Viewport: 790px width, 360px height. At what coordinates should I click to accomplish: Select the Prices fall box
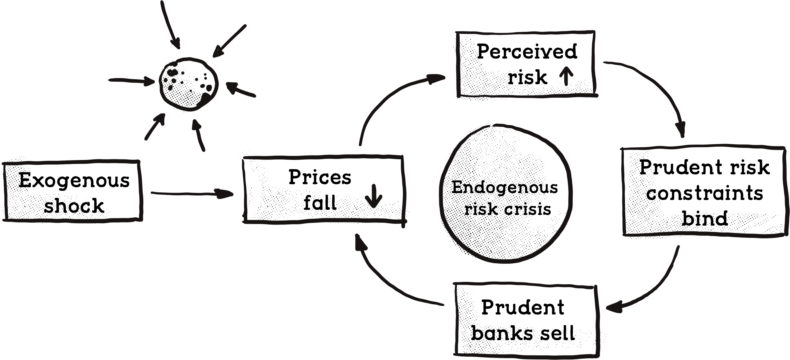click(324, 190)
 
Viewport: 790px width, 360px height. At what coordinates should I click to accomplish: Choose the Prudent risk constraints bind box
click(705, 192)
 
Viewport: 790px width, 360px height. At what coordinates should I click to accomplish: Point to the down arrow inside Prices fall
click(373, 197)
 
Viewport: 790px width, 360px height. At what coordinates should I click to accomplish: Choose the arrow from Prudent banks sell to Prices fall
click(386, 282)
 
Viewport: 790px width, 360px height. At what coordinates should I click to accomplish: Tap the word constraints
click(705, 194)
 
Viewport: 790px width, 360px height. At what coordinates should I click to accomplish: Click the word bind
click(705, 218)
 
